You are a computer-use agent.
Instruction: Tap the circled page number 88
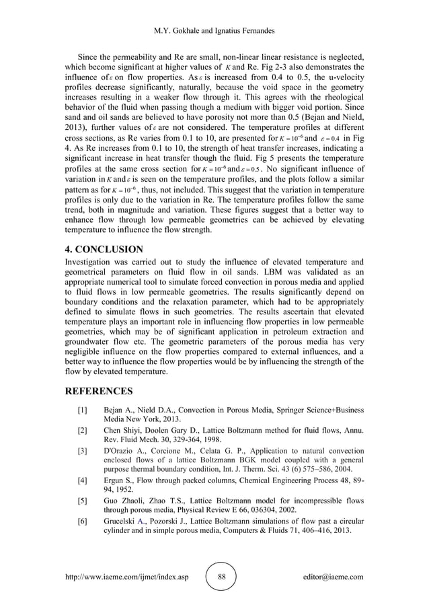coord(221,577)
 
